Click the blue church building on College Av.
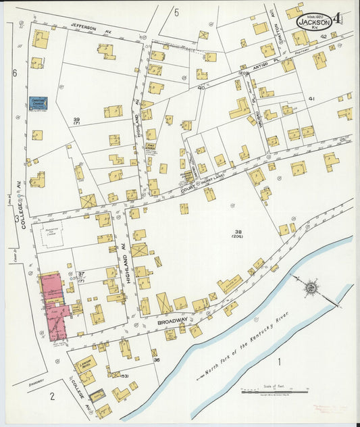coord(38,104)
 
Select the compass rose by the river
coord(311,288)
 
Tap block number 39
coord(77,120)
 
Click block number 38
coord(237,230)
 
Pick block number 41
coord(311,99)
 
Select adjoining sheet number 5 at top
coord(176,11)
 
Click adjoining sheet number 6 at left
coord(14,72)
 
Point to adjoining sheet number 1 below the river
coord(278,361)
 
